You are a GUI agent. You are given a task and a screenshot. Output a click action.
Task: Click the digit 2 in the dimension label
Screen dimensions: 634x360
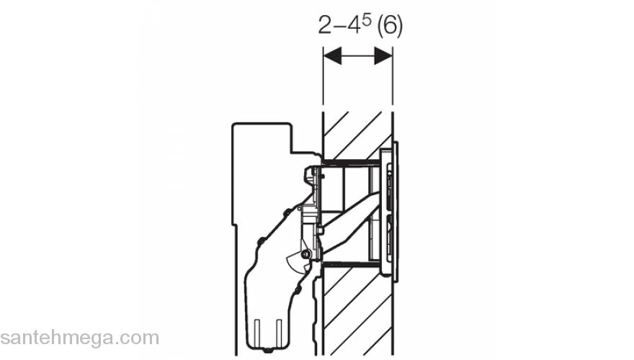tap(324, 25)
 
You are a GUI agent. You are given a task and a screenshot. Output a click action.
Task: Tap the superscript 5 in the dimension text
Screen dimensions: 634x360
tap(366, 21)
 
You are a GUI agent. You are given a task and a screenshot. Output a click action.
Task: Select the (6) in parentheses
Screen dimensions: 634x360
tap(389, 26)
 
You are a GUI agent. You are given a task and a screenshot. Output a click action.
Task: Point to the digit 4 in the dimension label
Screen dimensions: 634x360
tap(354, 25)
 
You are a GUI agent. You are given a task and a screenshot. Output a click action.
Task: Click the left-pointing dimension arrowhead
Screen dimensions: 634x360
tap(332, 55)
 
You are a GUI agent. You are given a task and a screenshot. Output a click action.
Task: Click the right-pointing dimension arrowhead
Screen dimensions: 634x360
tap(383, 55)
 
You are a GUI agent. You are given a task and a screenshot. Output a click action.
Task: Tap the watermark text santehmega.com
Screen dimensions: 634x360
tap(79, 338)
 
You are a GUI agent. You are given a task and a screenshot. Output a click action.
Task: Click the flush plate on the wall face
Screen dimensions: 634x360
tap(388, 210)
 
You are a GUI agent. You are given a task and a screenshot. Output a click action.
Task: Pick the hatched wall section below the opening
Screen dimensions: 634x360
tap(357, 311)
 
